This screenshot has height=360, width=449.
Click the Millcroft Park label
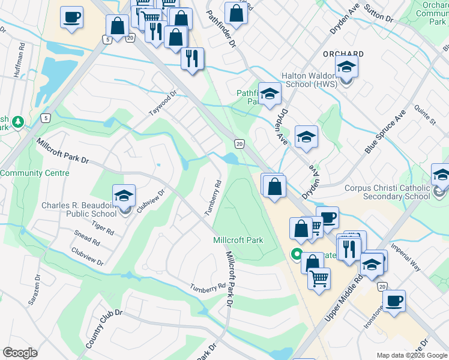coord(238,240)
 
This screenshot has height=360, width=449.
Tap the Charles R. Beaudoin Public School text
coord(79,209)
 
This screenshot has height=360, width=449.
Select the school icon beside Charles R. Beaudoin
coord(124,196)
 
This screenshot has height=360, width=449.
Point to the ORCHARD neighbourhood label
coord(343,53)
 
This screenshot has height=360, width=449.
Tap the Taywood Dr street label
coord(164,104)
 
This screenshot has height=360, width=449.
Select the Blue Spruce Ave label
coord(384,131)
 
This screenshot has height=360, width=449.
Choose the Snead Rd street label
coord(87,238)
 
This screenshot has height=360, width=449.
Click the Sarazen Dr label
coord(33,290)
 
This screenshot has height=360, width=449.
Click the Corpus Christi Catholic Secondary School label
coord(387,192)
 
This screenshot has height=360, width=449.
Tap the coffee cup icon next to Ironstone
coord(394,301)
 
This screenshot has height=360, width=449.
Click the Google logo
coord(20,353)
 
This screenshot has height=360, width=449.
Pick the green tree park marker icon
coord(19,122)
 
